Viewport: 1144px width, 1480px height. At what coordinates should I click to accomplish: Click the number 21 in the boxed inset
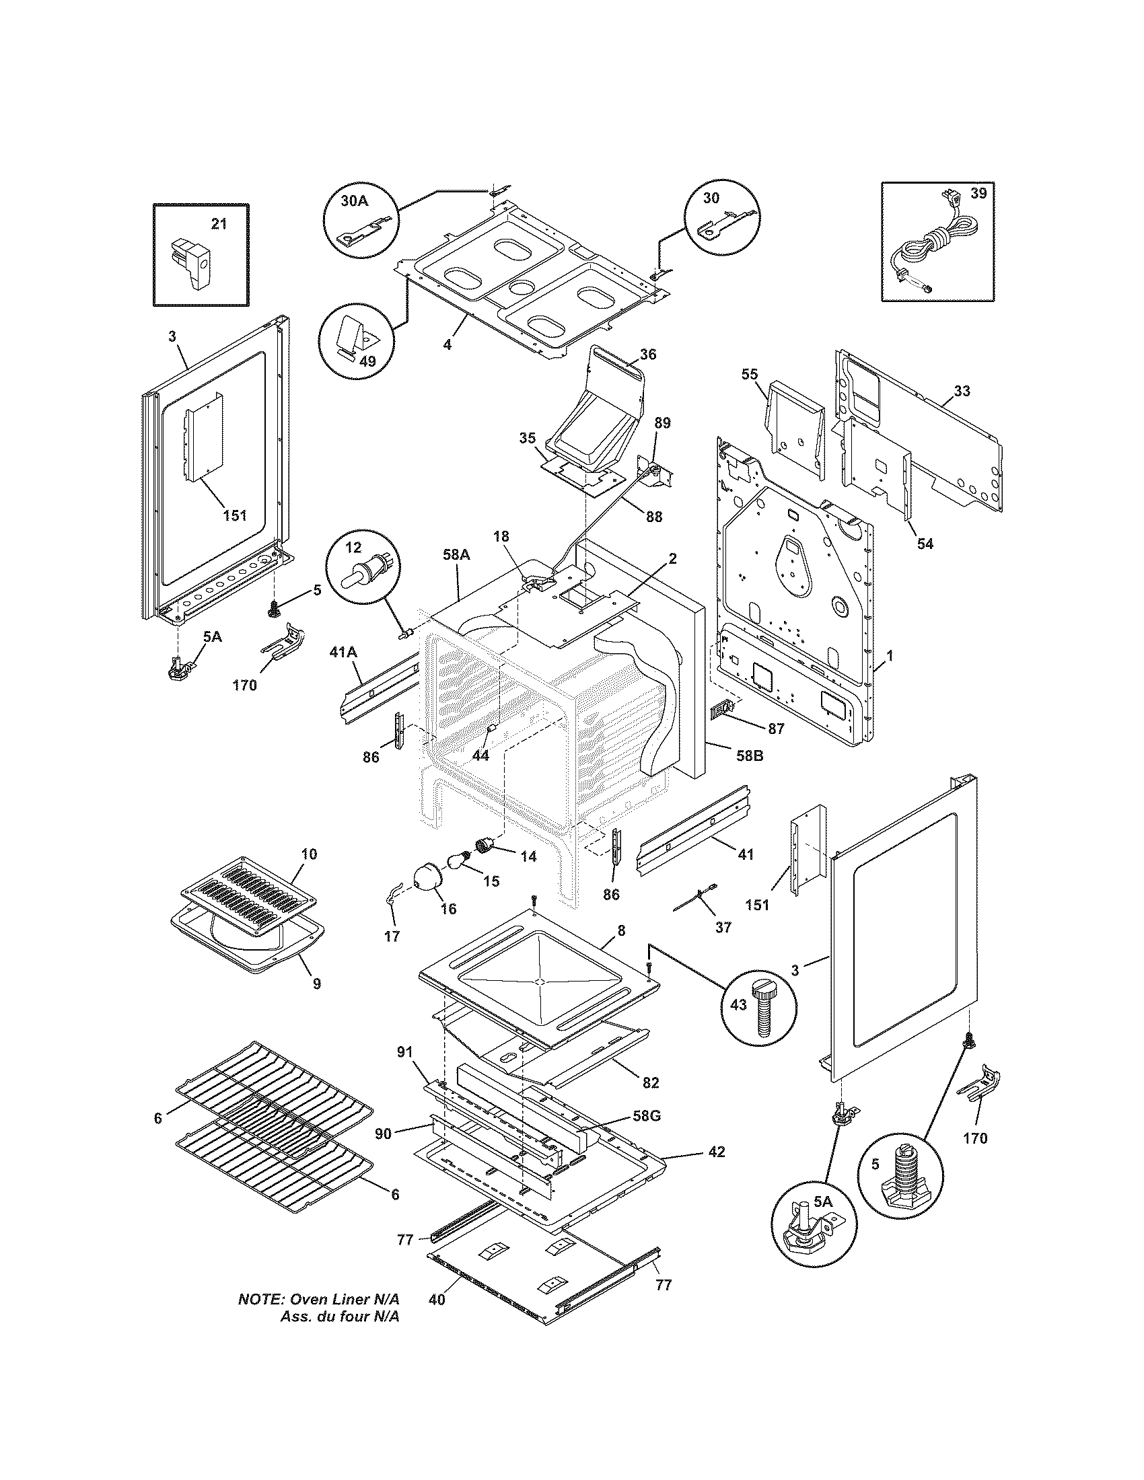pos(219,224)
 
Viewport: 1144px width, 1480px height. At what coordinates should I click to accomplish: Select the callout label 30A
pos(354,200)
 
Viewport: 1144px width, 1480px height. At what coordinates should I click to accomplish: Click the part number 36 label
pos(648,355)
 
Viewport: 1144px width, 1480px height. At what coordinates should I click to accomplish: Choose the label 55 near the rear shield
pos(750,374)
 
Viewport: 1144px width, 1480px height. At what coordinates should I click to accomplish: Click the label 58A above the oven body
pos(456,554)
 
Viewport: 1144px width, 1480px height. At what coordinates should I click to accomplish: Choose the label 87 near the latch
pos(776,729)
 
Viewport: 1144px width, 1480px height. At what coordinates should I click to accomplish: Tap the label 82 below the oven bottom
pos(651,1082)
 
